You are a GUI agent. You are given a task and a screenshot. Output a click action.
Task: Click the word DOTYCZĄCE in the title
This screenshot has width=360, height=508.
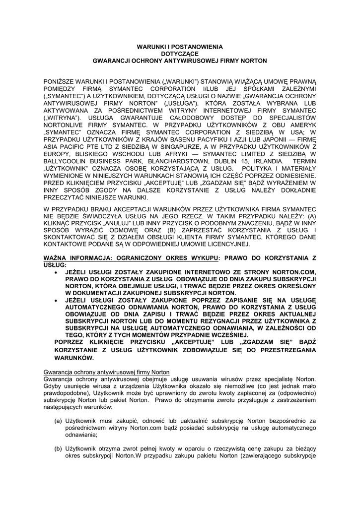(x=180, y=53)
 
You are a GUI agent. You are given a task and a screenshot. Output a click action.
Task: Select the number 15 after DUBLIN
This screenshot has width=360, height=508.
(x=236, y=163)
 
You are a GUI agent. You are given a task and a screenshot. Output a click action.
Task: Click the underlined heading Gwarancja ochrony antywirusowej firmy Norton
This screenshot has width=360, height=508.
(x=106, y=372)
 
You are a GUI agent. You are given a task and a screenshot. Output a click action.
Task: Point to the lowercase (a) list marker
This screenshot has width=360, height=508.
(x=59, y=421)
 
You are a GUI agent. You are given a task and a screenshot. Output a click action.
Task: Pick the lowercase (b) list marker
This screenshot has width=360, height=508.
(x=59, y=449)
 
